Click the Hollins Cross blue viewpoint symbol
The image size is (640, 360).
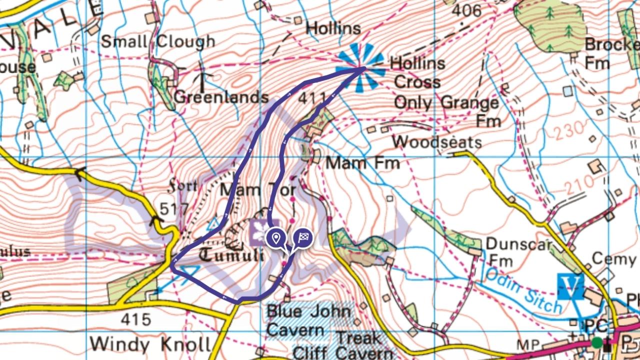pyautogui.click(x=360, y=68)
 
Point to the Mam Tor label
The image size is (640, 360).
pyautogui.click(x=258, y=190)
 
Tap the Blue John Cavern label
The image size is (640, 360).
pyautogui.click(x=308, y=320)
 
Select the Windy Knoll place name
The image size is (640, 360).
pyautogui.click(x=150, y=344)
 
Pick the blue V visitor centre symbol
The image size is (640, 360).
pyautogui.click(x=570, y=286)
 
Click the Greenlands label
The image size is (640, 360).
pyautogui.click(x=221, y=96)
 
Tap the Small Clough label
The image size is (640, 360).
pyautogui.click(x=158, y=41)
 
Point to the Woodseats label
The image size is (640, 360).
pyautogui.click(x=436, y=142)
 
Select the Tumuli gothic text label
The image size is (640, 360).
pyautogui.click(x=231, y=254)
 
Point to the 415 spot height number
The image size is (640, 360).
pyautogui.click(x=135, y=318)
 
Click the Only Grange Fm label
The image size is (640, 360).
pyautogui.click(x=446, y=111)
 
